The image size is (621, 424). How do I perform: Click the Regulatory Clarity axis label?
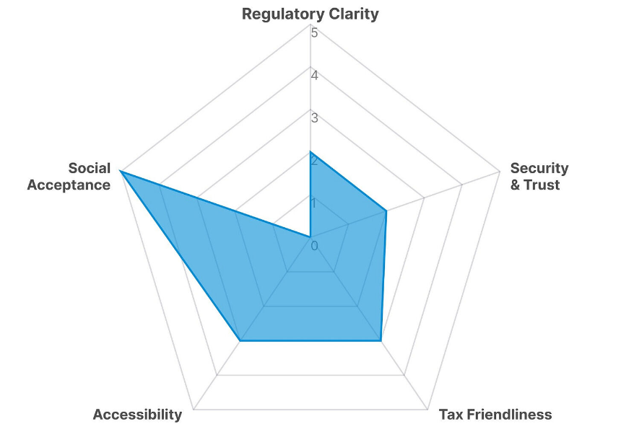point(310,14)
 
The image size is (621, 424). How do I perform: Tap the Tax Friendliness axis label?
point(495,415)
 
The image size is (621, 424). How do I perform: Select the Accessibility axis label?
point(137,415)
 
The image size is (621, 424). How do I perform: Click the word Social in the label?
point(90,168)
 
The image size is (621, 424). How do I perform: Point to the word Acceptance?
point(69,185)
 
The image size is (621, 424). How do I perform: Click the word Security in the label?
point(539,168)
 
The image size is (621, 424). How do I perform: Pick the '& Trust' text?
point(535,185)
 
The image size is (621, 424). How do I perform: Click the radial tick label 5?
point(314,32)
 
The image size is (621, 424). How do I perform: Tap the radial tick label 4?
point(314,74)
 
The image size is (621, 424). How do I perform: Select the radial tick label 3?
point(314,117)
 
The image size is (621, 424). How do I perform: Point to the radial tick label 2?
point(314,160)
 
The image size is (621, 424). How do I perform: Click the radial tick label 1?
point(314,203)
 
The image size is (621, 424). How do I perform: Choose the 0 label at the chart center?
point(314,246)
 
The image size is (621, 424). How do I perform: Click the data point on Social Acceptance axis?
point(121,172)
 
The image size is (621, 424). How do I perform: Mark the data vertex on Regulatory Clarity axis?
point(310,152)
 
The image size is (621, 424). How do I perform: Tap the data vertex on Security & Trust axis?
point(386,211)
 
